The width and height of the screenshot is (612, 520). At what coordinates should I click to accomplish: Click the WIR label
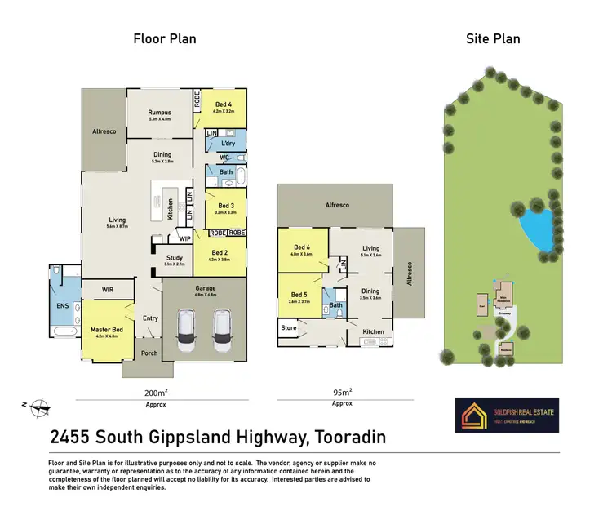pyautogui.click(x=107, y=289)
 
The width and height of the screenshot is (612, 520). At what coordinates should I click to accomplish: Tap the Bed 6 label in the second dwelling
pyautogui.click(x=302, y=247)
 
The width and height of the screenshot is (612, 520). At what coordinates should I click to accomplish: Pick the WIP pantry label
pyautogui.click(x=185, y=239)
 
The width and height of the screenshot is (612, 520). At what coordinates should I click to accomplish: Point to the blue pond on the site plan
pyautogui.click(x=535, y=222)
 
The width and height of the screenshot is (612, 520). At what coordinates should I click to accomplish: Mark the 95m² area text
pyautogui.click(x=342, y=392)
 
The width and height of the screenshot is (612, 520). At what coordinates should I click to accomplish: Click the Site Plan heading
pyautogui.click(x=492, y=38)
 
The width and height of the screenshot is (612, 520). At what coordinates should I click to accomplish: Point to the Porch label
pyautogui.click(x=149, y=353)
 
